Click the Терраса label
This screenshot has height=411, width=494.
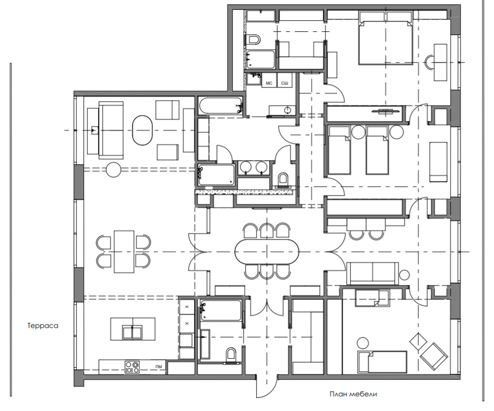[42, 325]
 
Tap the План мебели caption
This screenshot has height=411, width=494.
[353, 394]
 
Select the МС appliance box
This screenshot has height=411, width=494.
[269, 83]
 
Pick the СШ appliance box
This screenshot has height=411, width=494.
[285, 83]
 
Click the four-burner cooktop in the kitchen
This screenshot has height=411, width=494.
[132, 367]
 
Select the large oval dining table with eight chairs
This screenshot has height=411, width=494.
[267, 252]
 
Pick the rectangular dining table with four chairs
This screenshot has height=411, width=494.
[124, 251]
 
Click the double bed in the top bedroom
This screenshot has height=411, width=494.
[386, 42]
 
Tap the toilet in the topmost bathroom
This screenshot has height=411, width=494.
[254, 40]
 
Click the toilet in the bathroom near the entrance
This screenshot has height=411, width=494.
[231, 355]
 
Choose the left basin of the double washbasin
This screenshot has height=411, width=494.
[246, 167]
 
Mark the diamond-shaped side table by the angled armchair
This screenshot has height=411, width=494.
[417, 342]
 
